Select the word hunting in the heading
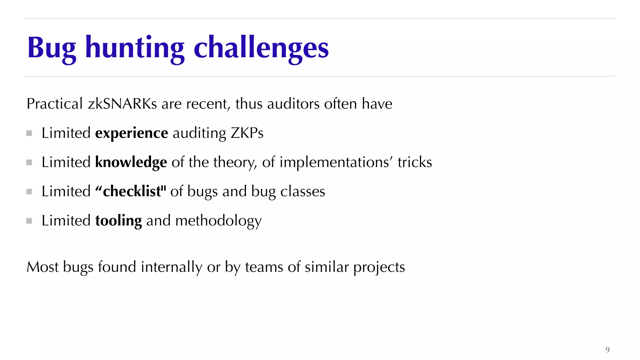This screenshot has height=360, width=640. pos(135,47)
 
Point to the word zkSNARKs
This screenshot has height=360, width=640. pos(122,104)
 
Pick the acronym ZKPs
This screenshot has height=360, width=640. pos(247,133)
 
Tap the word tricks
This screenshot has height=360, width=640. pos(415,162)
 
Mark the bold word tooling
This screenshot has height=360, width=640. pos(118,221)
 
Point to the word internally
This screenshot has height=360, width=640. pos(171,267)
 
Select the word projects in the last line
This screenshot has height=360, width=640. pos(379,267)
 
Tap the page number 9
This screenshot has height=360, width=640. pos(607,350)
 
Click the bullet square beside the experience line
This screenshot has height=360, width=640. pos(29,133)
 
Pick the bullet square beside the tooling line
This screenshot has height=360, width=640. pos(29,221)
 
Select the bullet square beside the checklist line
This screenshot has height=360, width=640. pos(29,192)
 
